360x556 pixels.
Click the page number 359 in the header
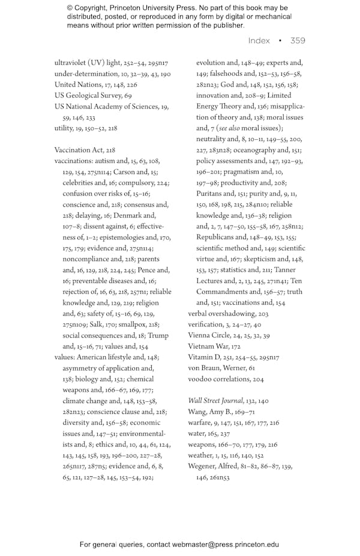(x=298, y=41)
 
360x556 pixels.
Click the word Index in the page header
(x=259, y=41)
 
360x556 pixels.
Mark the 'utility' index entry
(x=63, y=128)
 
